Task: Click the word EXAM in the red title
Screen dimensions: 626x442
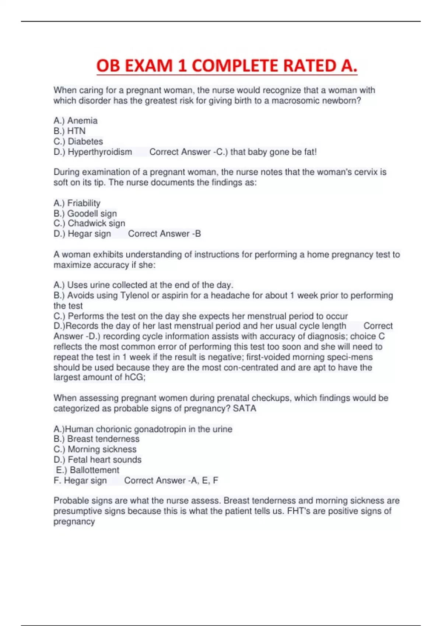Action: coord(149,66)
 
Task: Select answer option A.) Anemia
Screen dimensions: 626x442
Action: coord(76,121)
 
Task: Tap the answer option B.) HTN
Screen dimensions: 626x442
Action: coord(70,131)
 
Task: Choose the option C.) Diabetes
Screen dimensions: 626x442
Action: coord(78,141)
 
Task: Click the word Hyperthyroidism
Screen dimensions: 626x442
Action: coord(100,152)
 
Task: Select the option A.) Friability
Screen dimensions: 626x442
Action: coord(77,203)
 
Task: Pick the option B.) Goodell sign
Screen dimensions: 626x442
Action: coord(85,214)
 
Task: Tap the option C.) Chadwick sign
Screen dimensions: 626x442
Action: coord(89,224)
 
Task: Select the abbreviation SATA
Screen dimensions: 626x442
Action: coord(245,408)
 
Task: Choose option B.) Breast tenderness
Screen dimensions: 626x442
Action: coord(97,439)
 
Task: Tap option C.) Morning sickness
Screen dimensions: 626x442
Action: coord(95,449)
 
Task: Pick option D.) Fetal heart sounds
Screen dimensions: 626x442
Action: coord(98,460)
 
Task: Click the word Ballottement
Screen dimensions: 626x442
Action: coord(94,470)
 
